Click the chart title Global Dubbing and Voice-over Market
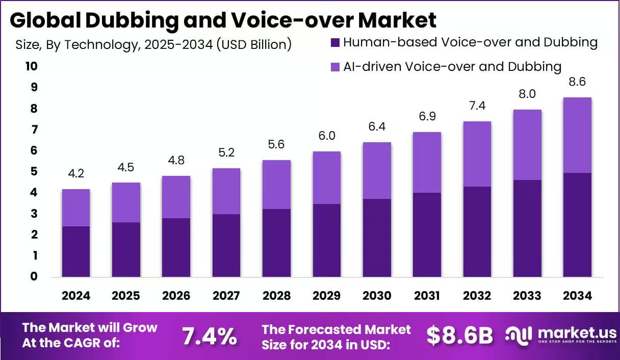click(x=223, y=20)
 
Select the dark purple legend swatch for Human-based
click(x=335, y=42)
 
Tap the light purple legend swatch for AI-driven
click(x=335, y=67)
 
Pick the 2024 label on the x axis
click(x=76, y=296)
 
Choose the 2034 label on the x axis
click(x=577, y=296)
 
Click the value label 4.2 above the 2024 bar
click(x=76, y=174)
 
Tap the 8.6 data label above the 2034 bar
click(x=577, y=82)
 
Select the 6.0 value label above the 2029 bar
click(x=326, y=136)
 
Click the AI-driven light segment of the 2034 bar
click(x=577, y=135)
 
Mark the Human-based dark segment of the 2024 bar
click(x=76, y=251)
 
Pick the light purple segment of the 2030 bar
click(x=376, y=170)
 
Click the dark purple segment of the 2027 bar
click(x=226, y=245)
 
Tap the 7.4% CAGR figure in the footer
click(x=210, y=336)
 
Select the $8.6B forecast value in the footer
click(x=460, y=336)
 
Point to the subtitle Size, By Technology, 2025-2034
click(x=153, y=45)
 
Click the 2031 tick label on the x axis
click(x=427, y=296)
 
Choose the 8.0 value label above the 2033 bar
click(x=527, y=94)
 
